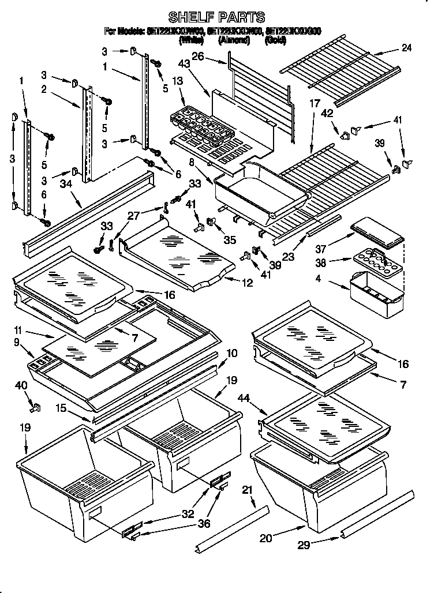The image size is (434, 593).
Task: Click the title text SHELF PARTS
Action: click(216, 17)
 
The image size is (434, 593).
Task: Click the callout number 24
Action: click(406, 48)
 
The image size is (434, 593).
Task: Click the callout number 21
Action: click(247, 491)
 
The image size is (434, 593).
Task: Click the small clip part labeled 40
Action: click(33, 409)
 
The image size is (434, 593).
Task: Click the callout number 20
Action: click(265, 538)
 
